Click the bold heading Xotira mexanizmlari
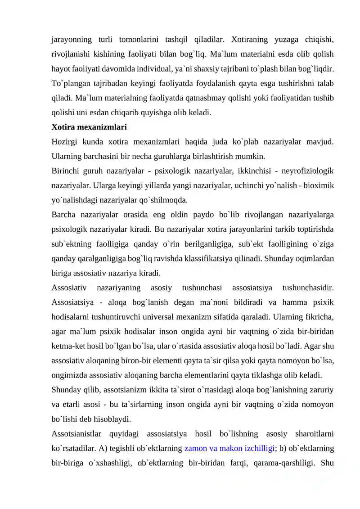pyautogui.click(x=89, y=127)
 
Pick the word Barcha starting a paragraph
pyautogui.click(x=63, y=215)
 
